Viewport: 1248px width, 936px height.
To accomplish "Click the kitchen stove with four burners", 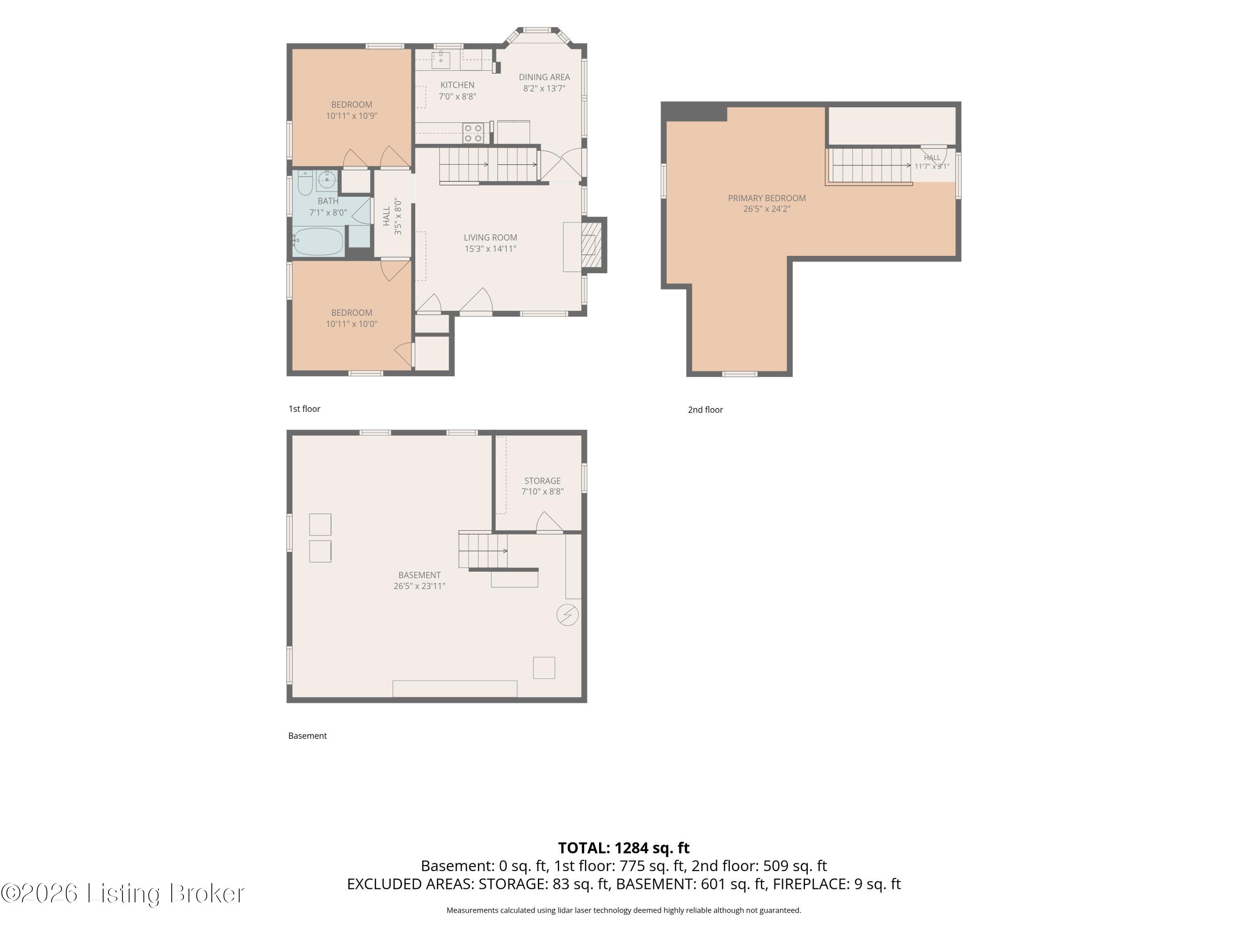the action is click(x=473, y=133).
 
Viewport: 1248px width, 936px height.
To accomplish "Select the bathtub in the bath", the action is click(x=318, y=241).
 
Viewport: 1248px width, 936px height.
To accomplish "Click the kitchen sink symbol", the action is click(x=441, y=58).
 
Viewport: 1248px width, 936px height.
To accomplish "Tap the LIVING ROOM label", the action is click(x=490, y=238).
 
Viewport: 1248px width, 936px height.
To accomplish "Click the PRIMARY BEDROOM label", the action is click(x=767, y=198).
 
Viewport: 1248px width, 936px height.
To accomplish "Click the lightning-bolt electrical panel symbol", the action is click(x=567, y=615).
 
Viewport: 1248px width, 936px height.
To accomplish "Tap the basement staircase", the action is click(x=483, y=550).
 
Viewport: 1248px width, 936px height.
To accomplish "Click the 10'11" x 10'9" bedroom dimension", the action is click(x=352, y=116).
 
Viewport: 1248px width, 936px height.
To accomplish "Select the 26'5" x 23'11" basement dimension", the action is click(x=420, y=586).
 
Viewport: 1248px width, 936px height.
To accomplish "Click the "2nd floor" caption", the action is click(x=705, y=410).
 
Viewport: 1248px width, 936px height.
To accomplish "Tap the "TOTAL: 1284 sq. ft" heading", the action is click(x=624, y=848).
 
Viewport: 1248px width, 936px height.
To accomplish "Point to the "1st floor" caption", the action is click(x=305, y=409).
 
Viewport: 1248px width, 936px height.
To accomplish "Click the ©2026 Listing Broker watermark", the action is click(x=122, y=893).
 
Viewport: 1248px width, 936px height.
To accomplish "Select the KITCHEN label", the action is click(x=458, y=85).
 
